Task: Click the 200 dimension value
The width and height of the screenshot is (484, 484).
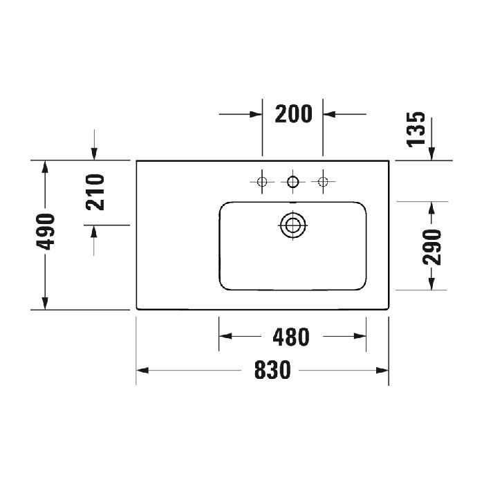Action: pos(293,113)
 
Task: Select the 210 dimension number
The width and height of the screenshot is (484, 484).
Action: pos(95,193)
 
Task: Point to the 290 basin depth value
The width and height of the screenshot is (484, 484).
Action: pos(432,246)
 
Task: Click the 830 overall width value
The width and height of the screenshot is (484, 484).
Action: pos(272,371)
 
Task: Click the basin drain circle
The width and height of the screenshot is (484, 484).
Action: pos(292,224)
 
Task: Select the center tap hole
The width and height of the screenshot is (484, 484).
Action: pos(292,182)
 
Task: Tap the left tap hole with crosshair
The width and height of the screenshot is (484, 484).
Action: pos(262,182)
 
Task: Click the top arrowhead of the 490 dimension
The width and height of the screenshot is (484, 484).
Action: pos(46,167)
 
